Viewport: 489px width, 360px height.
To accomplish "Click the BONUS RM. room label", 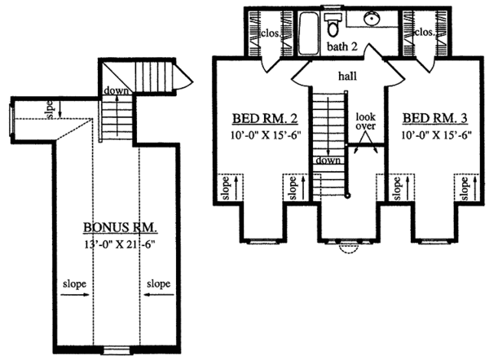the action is (x=120, y=227).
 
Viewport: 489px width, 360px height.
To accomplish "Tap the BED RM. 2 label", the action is (x=265, y=118).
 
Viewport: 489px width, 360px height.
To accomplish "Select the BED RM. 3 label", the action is (x=435, y=118).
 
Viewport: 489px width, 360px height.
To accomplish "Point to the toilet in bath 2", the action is (x=333, y=24).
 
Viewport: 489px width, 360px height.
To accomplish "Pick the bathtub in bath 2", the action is (x=309, y=33).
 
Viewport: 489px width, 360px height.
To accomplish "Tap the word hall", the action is (x=347, y=76).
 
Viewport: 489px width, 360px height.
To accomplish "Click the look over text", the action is (x=365, y=121).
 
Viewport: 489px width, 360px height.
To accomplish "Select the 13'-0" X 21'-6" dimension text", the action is (x=120, y=244).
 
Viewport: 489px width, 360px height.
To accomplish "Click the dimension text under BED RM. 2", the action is (x=266, y=135).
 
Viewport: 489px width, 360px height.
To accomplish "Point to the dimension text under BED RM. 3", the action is (x=436, y=135).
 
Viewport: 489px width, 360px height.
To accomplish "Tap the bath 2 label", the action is (x=341, y=46).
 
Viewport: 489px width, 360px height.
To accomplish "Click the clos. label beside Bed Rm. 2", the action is (x=271, y=33).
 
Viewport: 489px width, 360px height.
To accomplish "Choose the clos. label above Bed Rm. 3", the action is (x=424, y=32).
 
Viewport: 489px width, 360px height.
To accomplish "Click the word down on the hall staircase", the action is (x=328, y=160).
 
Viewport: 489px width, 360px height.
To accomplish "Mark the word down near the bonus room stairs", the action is (x=116, y=90).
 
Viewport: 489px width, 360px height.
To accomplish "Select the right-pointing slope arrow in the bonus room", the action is (x=75, y=295).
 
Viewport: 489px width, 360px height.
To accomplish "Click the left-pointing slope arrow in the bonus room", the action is (x=159, y=294).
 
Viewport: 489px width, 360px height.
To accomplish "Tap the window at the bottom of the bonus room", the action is (x=117, y=350).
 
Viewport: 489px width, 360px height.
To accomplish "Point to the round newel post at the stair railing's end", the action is (x=348, y=196).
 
